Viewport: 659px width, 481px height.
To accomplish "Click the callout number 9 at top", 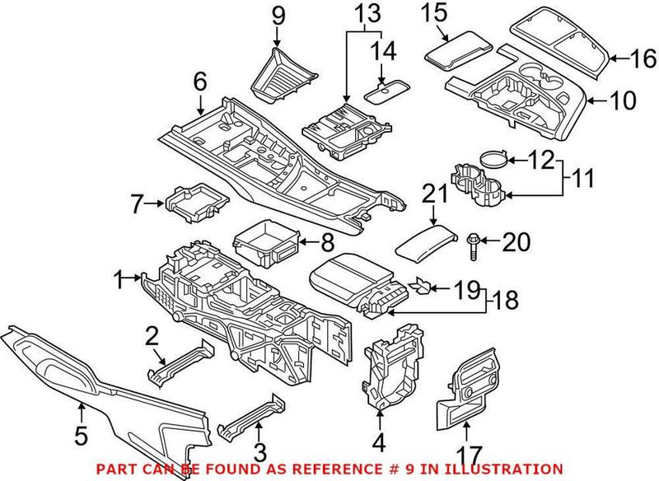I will coord(278,14).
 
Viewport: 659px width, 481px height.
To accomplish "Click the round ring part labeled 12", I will coord(490,161).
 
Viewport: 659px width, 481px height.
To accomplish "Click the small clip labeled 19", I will coord(421,286).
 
